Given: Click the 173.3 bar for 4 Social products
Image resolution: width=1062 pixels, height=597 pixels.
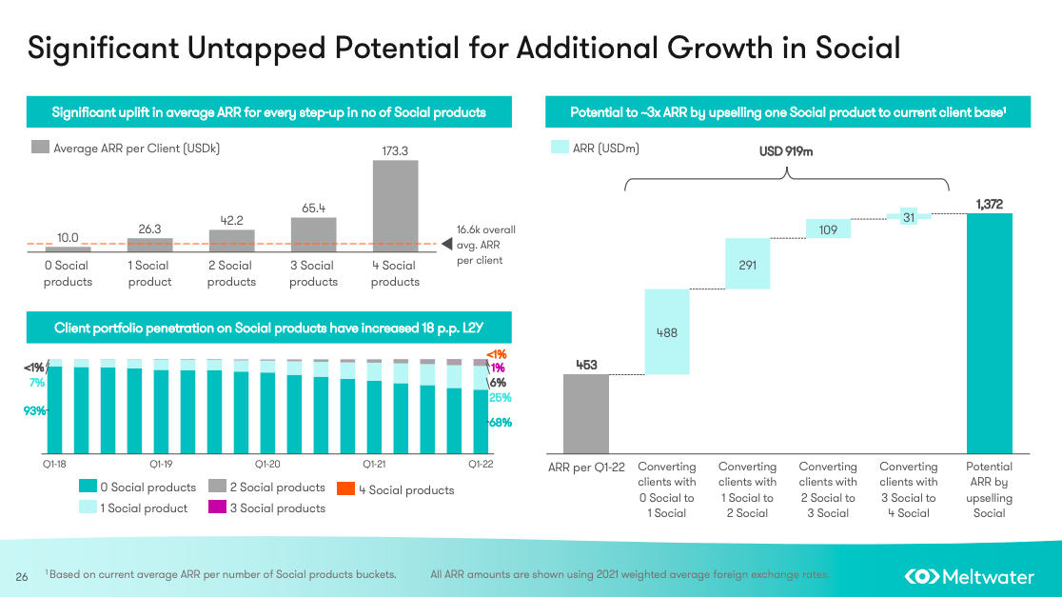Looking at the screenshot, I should click(395, 205).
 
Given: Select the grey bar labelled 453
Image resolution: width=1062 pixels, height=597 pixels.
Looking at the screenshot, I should click(585, 413).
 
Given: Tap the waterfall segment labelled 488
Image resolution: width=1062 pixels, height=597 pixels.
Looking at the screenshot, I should click(666, 331).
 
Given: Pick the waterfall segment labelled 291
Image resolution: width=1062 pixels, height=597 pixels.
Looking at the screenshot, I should click(747, 264).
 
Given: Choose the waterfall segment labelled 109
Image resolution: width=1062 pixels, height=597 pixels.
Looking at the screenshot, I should click(828, 229).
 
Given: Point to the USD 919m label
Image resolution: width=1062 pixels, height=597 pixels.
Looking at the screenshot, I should click(786, 151).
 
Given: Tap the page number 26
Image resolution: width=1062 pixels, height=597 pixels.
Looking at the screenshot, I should click(22, 576).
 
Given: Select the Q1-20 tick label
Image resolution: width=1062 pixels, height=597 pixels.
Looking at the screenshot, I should click(267, 465).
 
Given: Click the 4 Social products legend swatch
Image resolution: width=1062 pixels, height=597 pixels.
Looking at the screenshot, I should click(346, 489).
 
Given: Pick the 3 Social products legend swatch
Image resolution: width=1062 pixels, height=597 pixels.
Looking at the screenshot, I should click(216, 508).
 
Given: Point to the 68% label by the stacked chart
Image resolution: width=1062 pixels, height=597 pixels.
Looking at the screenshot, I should click(501, 423).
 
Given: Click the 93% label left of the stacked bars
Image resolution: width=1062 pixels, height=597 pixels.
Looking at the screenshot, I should click(35, 410).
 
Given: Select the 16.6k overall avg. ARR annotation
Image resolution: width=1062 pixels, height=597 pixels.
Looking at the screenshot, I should click(485, 245).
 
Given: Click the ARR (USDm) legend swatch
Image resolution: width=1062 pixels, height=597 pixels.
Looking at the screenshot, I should click(560, 148).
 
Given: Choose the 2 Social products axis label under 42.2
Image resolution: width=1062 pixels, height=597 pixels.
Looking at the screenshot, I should click(231, 273).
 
